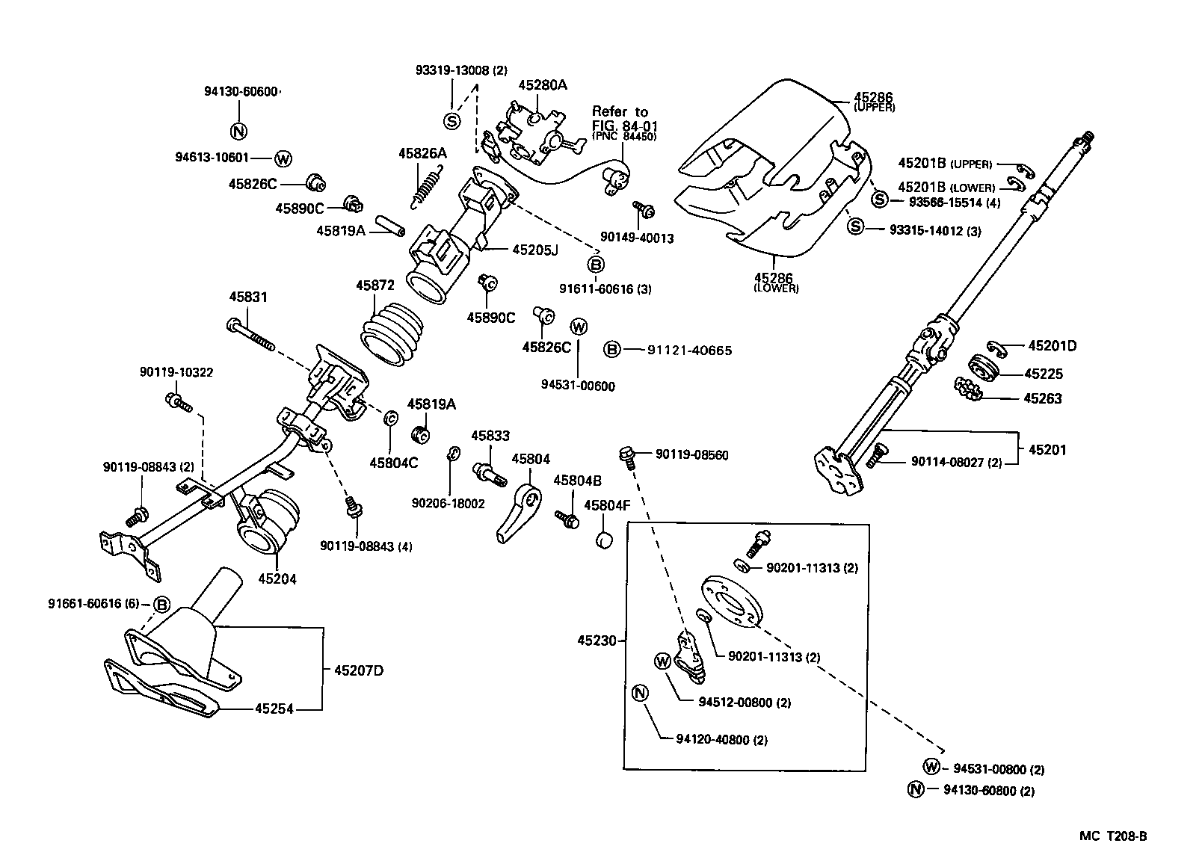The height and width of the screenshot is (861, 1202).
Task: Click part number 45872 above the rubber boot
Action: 375,286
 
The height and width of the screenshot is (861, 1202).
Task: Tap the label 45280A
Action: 542,84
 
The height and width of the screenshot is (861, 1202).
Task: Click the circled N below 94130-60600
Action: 238,132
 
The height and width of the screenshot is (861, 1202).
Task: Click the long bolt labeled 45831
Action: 250,335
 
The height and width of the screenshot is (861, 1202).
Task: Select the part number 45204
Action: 277,578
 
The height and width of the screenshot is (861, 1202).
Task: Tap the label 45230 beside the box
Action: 597,641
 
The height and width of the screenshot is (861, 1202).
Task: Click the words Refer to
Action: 620,112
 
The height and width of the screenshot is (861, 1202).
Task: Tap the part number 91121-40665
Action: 689,350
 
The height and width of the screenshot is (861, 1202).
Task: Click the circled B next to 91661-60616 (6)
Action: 161,604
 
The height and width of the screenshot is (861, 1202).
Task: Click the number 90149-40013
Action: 637,238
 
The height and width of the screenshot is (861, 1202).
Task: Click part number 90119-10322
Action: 176,371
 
